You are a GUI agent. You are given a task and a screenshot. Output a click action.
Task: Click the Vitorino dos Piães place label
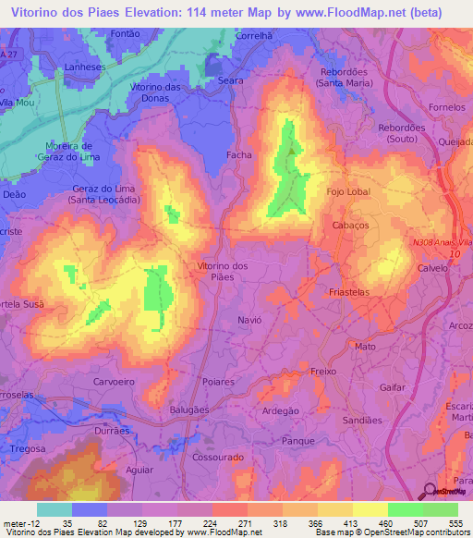click(x=223, y=272)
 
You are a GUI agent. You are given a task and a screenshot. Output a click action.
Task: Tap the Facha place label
click(x=238, y=155)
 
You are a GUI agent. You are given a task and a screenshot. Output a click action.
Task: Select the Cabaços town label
click(x=349, y=225)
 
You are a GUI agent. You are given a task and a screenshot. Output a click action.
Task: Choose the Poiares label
click(x=218, y=381)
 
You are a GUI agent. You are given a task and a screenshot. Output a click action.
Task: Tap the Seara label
click(x=231, y=80)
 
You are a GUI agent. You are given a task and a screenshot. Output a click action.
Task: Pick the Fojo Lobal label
click(x=349, y=192)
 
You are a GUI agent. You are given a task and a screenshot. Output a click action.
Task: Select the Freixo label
click(x=323, y=371)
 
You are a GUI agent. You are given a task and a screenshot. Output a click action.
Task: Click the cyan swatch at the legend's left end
click(x=55, y=509)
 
